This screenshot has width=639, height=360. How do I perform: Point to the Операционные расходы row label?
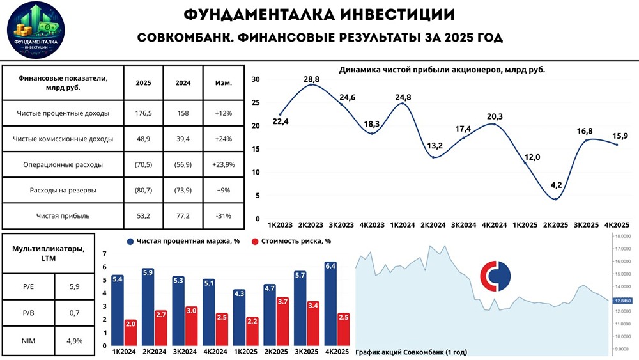click(63, 164)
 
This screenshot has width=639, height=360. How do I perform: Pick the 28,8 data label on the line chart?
click(311, 78)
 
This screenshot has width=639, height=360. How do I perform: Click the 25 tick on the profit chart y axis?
click(256, 102)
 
